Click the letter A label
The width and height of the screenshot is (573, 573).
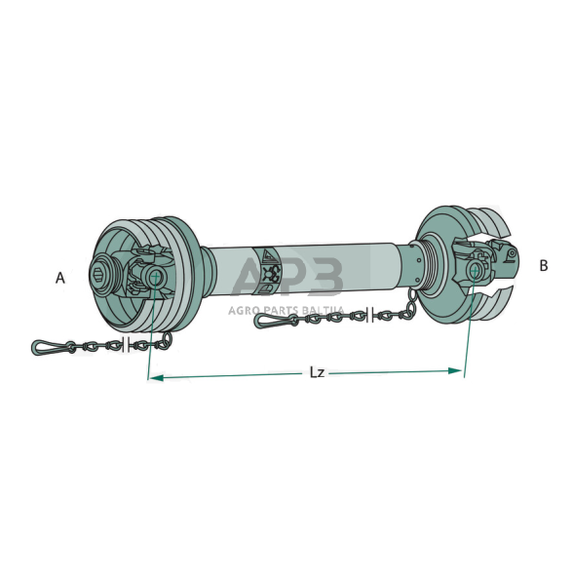click(60, 278)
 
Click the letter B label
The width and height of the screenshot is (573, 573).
click(544, 266)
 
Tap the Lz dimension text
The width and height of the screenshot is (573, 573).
click(317, 372)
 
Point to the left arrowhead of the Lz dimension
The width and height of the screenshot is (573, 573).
click(156, 378)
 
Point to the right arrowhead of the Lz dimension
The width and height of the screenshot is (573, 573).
click(455, 371)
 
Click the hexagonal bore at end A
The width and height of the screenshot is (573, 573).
click(99, 272)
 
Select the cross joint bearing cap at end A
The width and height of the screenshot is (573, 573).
click(155, 278)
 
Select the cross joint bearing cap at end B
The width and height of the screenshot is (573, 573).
click(474, 270)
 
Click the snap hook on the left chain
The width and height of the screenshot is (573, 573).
click(49, 347)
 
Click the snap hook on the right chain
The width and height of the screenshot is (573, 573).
click(271, 321)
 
